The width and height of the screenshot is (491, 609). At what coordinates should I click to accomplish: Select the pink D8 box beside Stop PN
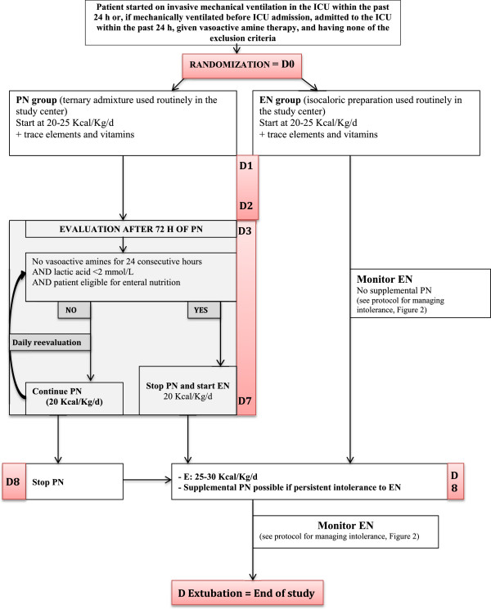pyautogui.click(x=18, y=473)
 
